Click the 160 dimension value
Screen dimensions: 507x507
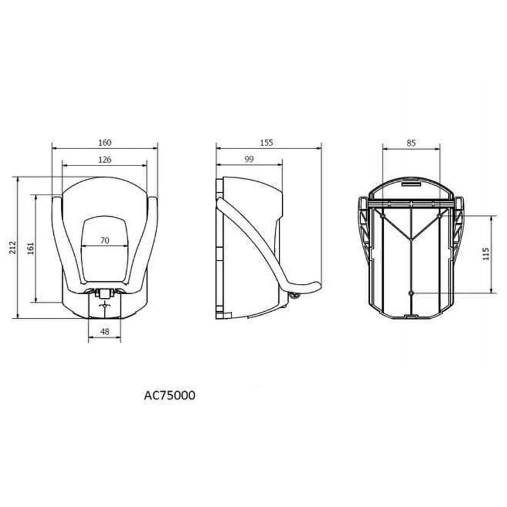[x=105, y=143]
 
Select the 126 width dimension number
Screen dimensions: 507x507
[x=105, y=160]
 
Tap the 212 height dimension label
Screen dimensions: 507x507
[x=12, y=247]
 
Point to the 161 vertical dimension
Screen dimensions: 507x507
[x=30, y=248]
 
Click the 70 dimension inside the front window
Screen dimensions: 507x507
[x=105, y=241]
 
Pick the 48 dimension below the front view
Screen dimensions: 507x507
[x=105, y=331]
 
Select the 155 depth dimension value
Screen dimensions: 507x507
[x=266, y=143]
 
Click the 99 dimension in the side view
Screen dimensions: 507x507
[x=249, y=160]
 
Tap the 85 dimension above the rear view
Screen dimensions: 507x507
[x=411, y=143]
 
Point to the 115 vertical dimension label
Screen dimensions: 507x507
[x=485, y=254]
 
